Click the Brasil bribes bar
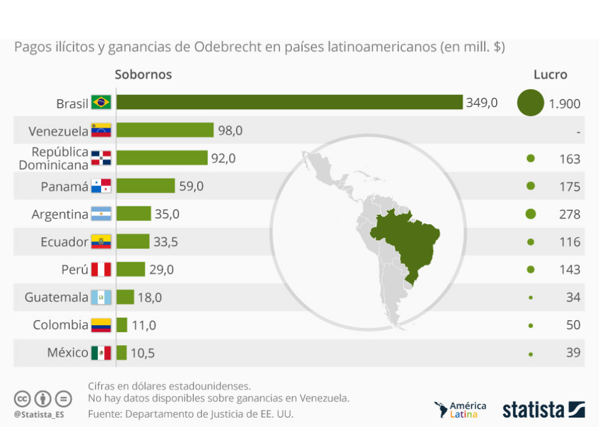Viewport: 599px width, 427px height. (289, 102)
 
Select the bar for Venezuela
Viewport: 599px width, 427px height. (165, 130)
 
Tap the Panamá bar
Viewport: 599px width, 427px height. (145, 186)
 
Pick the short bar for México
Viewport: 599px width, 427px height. (122, 353)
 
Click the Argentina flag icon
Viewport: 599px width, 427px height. (101, 214)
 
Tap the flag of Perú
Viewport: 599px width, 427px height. (101, 270)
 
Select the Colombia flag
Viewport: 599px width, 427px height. (101, 325)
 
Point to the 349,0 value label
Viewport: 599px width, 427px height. (482, 102)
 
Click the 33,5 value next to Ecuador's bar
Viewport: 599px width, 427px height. (165, 242)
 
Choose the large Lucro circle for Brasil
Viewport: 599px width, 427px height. (530, 103)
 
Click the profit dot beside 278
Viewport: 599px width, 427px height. (530, 214)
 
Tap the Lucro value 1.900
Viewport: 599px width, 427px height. (565, 104)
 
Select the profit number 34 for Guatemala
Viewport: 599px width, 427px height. (573, 297)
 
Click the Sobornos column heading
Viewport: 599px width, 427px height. (143, 74)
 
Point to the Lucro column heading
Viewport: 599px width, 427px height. (550, 74)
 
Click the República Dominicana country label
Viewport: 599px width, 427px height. (54, 159)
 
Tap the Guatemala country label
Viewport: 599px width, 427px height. (57, 297)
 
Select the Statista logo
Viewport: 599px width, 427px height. (543, 410)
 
